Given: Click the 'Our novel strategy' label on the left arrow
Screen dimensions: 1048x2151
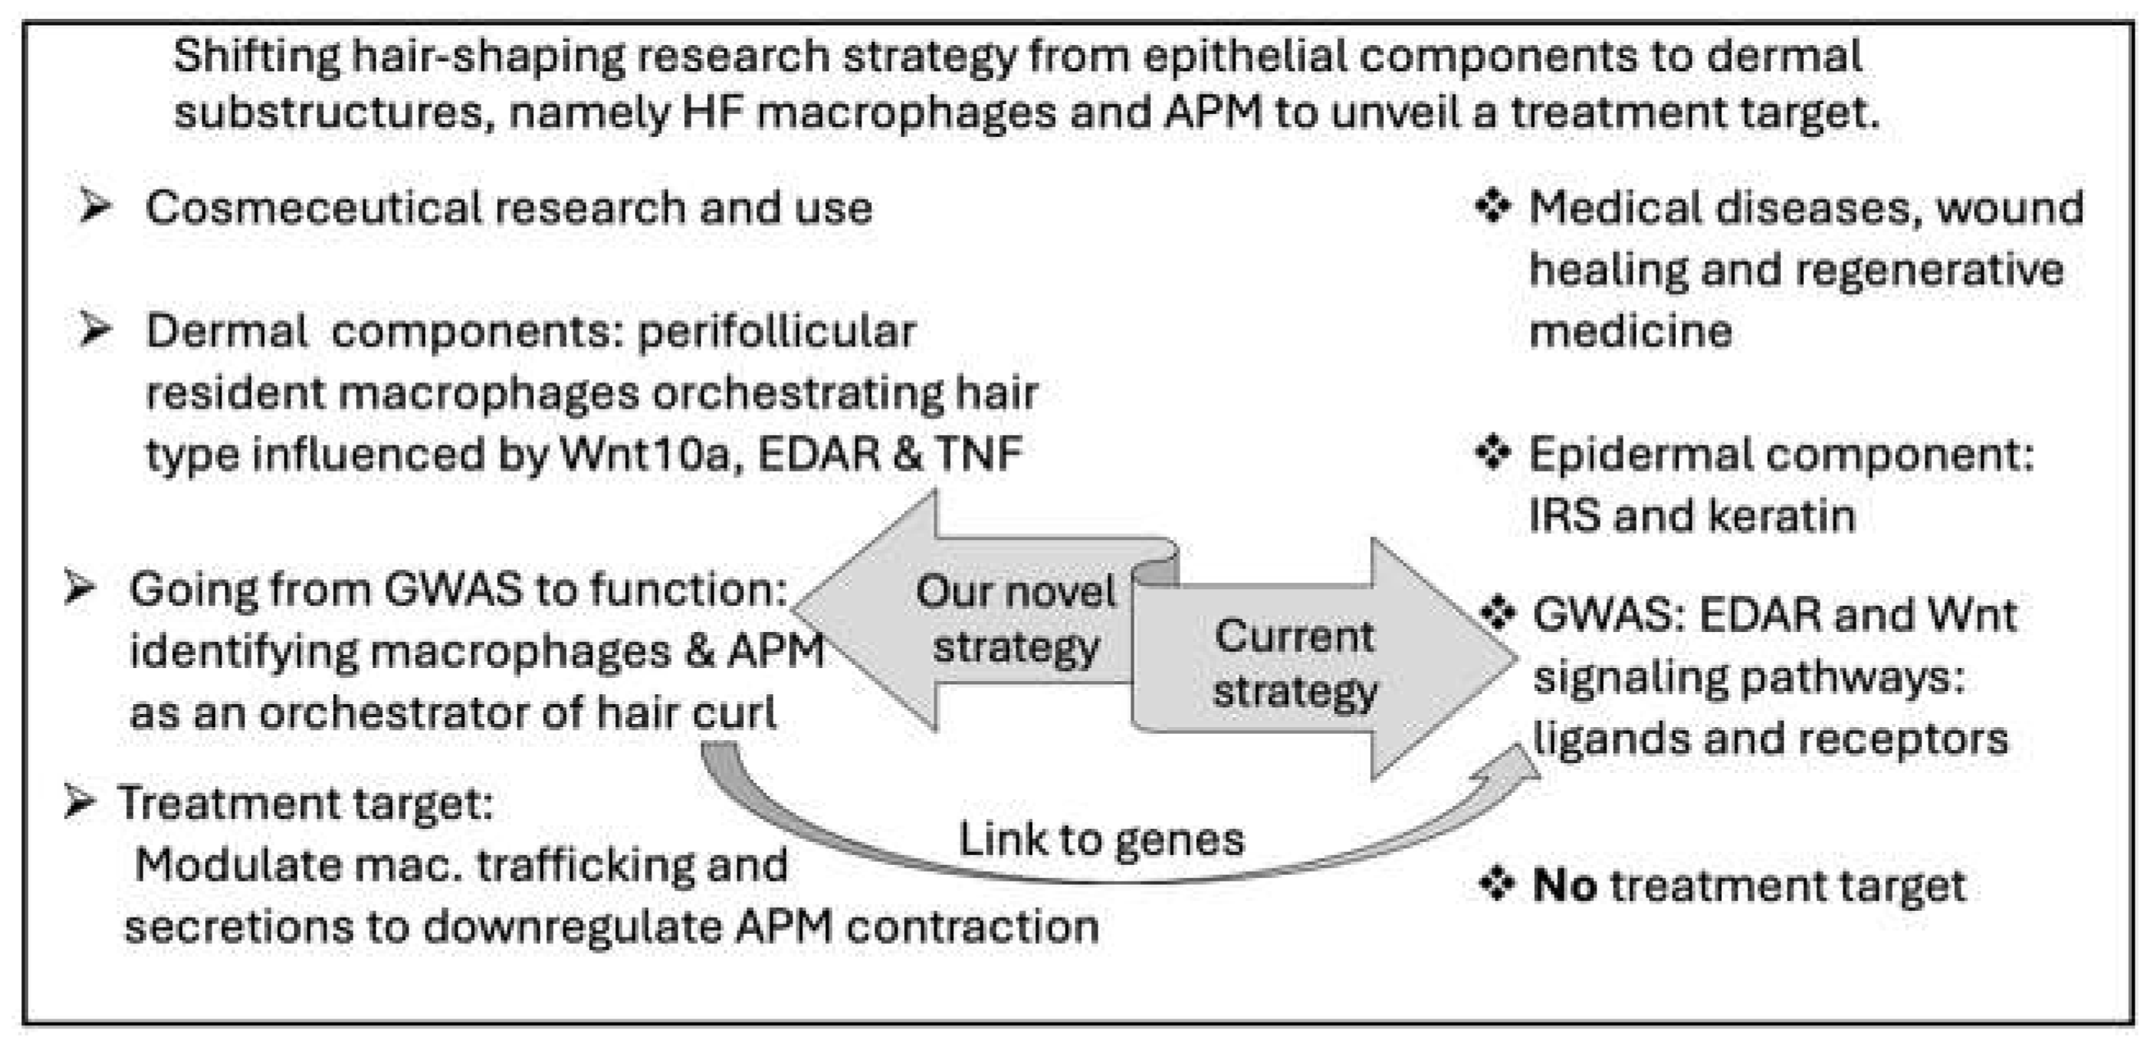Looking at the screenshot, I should [1015, 619].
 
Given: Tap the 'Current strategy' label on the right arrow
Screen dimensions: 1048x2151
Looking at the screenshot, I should [1294, 664].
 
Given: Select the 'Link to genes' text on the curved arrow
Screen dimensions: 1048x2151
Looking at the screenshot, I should [1101, 840].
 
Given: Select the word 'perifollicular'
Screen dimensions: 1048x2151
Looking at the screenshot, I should [777, 332].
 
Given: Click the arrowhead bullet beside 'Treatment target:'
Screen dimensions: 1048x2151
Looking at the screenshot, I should [80, 803].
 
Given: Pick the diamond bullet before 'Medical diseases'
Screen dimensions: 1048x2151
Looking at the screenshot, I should [1492, 205].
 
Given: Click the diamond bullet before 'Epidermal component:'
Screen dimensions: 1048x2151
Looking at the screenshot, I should [1492, 454].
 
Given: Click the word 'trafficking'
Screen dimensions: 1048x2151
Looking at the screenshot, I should [584, 865].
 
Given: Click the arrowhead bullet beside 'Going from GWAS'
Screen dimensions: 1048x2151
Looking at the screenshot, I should [80, 588].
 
